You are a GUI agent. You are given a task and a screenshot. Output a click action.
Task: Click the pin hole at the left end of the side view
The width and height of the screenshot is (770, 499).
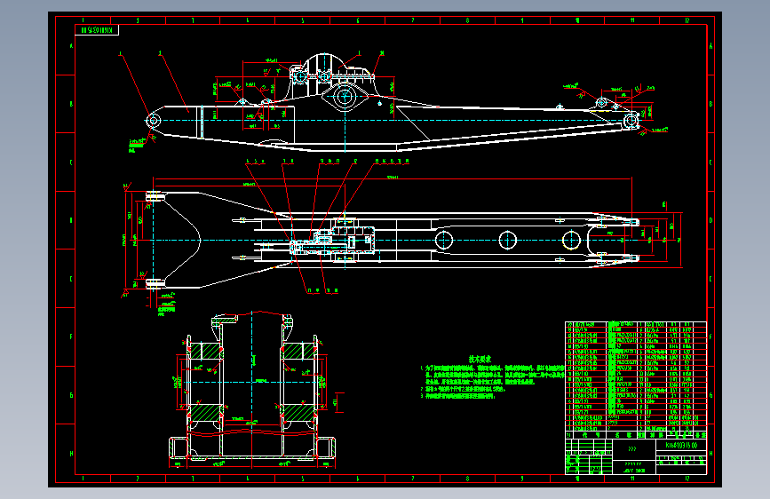(x=153, y=120)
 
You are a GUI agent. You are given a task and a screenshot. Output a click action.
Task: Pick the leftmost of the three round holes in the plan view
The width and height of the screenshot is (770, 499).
(x=443, y=238)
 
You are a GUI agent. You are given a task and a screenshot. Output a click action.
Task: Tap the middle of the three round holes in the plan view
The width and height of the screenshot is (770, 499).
(x=507, y=238)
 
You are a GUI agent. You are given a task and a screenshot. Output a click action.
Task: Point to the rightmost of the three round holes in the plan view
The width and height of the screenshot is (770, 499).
(x=570, y=238)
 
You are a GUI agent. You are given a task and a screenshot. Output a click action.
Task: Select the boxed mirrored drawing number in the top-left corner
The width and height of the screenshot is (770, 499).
(x=97, y=29)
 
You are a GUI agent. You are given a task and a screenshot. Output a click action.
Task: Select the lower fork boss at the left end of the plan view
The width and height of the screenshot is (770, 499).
(x=154, y=283)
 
